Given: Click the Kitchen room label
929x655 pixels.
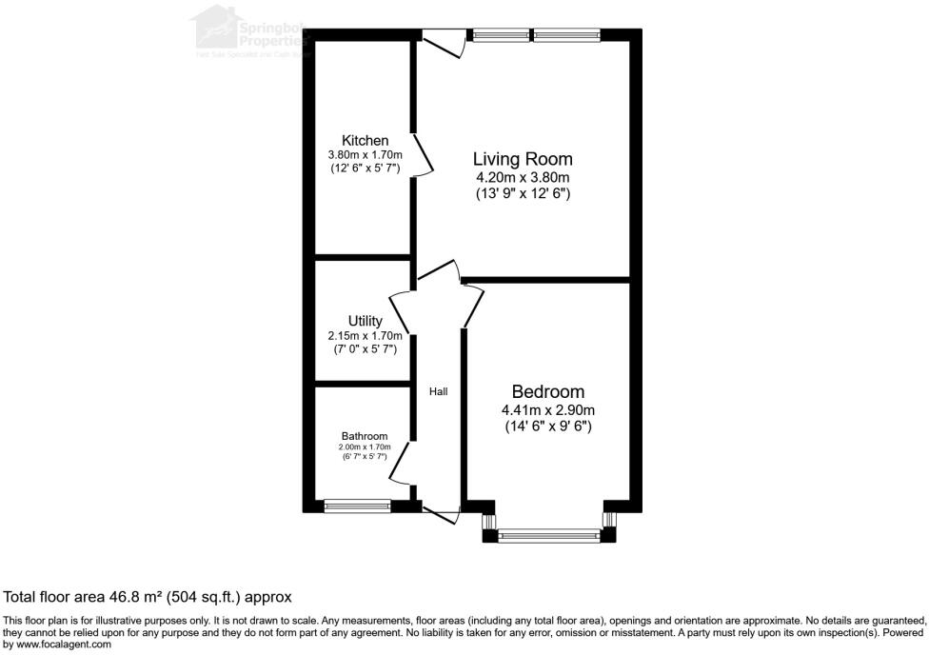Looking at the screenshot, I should (365, 140).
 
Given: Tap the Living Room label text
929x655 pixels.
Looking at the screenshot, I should (524, 159).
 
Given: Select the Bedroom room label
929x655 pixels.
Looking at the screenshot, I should (548, 391).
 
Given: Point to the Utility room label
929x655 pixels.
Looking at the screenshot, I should (365, 321).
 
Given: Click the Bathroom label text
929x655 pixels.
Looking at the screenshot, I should (365, 436).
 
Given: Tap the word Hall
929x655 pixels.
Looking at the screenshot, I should (438, 391).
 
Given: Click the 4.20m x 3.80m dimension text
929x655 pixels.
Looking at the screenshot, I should (524, 177).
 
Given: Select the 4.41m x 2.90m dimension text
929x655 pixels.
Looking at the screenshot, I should (548, 410).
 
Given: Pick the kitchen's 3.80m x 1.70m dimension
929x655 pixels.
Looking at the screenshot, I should (365, 154).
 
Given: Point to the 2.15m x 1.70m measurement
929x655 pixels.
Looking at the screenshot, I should (365, 335).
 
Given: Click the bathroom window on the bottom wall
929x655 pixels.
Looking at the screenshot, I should (357, 506).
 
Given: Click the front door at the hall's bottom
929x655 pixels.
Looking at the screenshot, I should (441, 514).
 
